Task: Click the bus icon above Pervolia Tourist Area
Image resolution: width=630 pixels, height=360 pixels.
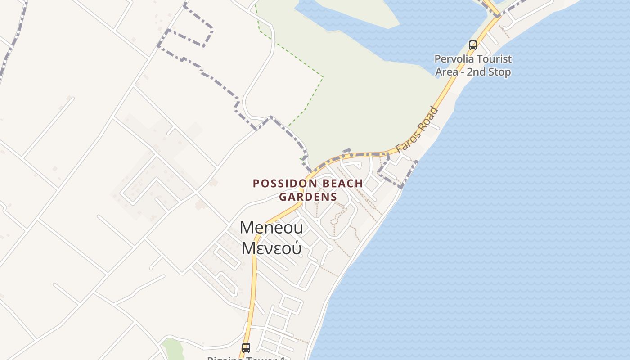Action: pyautogui.click(x=472, y=45)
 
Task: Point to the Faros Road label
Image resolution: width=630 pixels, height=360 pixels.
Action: pyautogui.click(x=416, y=130)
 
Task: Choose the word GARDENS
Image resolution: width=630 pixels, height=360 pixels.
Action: pyautogui.click(x=308, y=197)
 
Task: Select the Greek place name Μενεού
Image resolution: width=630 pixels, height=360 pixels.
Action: pyautogui.click(x=271, y=248)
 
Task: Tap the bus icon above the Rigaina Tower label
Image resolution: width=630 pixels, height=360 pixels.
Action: pyautogui.click(x=246, y=347)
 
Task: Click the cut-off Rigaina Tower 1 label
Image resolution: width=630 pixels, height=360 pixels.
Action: pyautogui.click(x=246, y=358)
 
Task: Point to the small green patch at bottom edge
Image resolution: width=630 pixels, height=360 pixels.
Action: pyautogui.click(x=172, y=349)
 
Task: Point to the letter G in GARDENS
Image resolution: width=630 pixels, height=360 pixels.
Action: pyautogui.click(x=283, y=197)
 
